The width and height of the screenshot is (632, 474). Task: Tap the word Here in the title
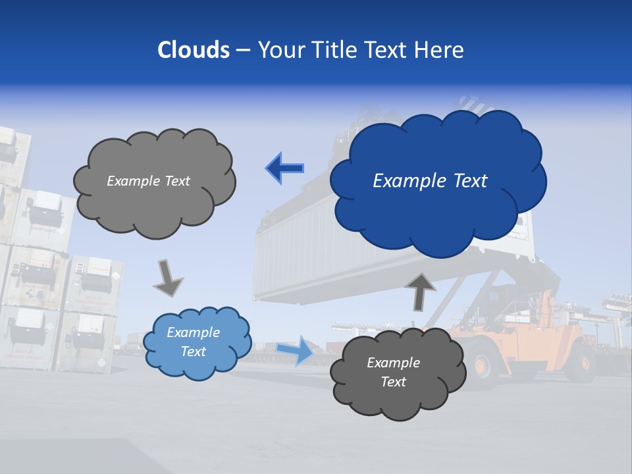(x=440, y=50)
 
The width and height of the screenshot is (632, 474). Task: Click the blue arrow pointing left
(x=285, y=169)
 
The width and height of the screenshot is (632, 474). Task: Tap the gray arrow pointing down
(x=167, y=278)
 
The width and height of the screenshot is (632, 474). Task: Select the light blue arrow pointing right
(x=295, y=350)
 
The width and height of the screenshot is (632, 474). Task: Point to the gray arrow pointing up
(x=419, y=290)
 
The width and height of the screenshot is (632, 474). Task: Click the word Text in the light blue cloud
(x=193, y=352)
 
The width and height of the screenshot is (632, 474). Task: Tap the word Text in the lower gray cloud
(x=393, y=382)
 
